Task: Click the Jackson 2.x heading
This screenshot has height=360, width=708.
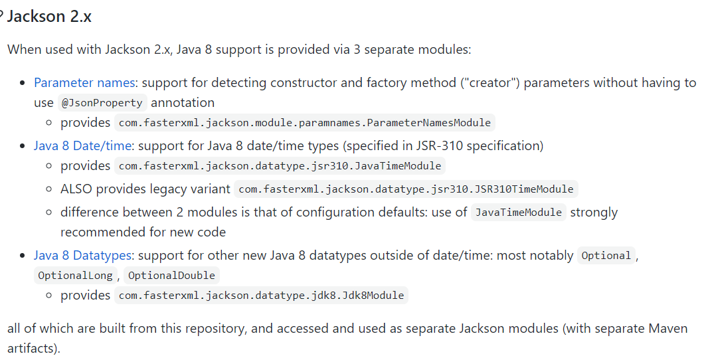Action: click(x=49, y=17)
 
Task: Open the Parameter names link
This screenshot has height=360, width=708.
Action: click(x=84, y=82)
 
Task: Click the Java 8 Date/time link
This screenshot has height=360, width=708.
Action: click(x=84, y=145)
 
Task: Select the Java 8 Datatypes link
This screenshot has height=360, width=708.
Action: click(x=84, y=255)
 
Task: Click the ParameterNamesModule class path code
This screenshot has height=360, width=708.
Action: click(x=305, y=123)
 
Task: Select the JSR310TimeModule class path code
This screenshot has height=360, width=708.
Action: click(x=406, y=189)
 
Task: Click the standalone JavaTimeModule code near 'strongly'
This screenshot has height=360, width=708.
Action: click(x=519, y=213)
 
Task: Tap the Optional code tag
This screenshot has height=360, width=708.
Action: click(x=606, y=256)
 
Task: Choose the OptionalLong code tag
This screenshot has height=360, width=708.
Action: click(x=75, y=275)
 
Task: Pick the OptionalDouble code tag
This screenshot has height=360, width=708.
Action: click(x=171, y=275)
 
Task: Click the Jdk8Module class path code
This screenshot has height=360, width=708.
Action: click(x=261, y=296)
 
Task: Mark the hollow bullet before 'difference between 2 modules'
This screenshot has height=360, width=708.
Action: click(x=49, y=213)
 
